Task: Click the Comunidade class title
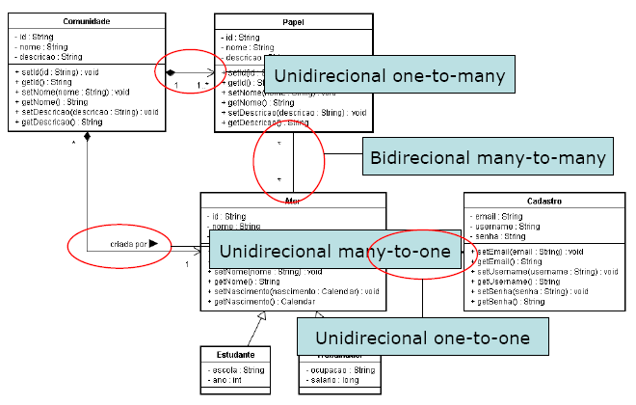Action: [85, 20]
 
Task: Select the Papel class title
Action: [295, 20]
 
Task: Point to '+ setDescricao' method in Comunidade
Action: [87, 111]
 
